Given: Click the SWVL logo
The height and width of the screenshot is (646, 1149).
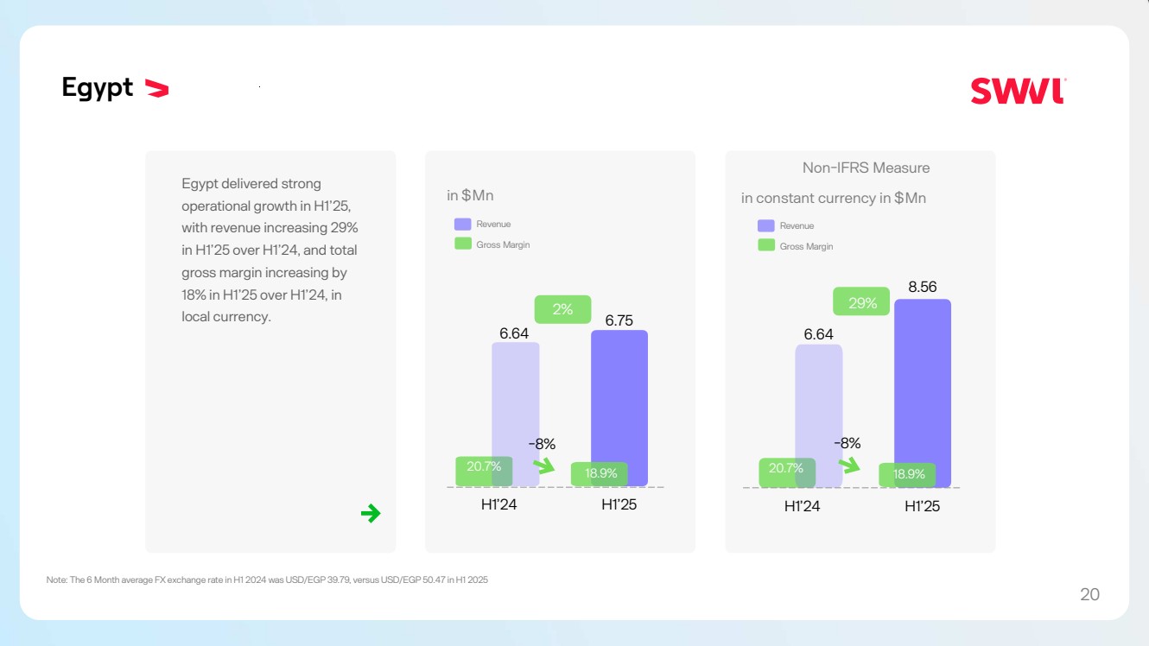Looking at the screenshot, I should coord(1018,91).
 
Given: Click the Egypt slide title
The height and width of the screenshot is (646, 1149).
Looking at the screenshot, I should coord(97,87).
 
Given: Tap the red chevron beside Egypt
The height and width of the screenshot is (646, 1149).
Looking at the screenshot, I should coord(156,87).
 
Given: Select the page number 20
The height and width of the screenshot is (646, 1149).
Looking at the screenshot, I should coord(1089,594).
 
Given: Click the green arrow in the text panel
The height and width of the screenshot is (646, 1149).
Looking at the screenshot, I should coord(371,514).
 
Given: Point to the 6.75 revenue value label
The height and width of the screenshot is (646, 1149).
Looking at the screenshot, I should coord(619,320).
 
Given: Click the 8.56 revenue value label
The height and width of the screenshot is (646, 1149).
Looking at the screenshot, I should coord(922,288).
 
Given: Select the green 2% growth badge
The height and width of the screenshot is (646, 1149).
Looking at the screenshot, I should coord(562,309).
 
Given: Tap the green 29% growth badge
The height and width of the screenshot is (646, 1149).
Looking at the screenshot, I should coord(860,301).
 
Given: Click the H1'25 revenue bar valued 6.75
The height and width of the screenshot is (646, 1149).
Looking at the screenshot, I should coord(619,397).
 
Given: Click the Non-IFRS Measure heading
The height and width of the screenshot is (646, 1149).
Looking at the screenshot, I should coord(866,168).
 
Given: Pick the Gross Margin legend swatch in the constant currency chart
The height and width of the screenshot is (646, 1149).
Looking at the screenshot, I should coord(766,245).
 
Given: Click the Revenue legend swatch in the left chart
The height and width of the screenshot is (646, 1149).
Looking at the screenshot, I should coord(463,225).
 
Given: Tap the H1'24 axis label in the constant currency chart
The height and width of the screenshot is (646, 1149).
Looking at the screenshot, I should coord(802,506).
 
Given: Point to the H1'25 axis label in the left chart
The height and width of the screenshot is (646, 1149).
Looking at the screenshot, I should coord(619,504).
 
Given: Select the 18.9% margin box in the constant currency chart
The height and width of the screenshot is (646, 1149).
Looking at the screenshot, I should coord(908,474).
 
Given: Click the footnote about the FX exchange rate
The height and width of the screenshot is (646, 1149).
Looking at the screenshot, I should coord(267,580).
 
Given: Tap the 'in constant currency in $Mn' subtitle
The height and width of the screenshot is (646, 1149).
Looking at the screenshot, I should coord(833,198).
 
